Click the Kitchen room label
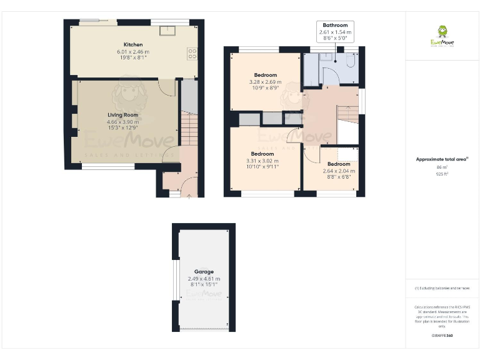(133, 44)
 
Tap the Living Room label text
(122, 115)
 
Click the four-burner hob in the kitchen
(192, 53)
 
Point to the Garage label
(204, 272)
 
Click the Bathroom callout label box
(335, 31)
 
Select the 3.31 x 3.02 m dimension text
(262, 161)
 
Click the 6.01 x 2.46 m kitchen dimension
(133, 52)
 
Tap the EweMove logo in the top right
(442, 36)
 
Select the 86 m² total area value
(442, 167)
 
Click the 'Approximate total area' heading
(442, 159)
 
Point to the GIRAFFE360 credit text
(442, 336)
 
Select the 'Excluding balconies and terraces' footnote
(442, 288)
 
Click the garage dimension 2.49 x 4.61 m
(204, 279)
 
